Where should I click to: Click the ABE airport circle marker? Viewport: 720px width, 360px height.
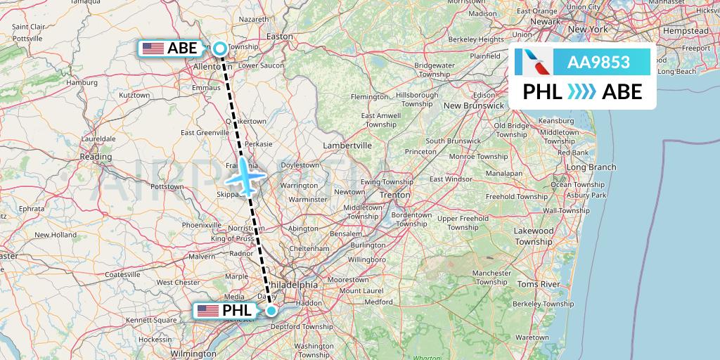220,49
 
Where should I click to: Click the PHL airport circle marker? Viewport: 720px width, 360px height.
271,310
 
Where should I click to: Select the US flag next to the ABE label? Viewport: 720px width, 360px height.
153,49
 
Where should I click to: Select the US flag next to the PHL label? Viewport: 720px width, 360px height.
208,310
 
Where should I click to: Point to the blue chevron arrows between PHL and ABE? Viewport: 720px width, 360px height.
581,91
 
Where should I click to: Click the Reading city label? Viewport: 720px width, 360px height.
96,157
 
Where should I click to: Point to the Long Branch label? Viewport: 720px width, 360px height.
591,167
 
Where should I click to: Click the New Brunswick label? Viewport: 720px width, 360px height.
473,105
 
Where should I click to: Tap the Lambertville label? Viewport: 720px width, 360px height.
347,146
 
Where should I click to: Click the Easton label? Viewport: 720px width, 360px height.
279,36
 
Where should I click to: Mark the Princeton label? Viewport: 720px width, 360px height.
420,151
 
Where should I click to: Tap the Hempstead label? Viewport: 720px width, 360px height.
686,32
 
